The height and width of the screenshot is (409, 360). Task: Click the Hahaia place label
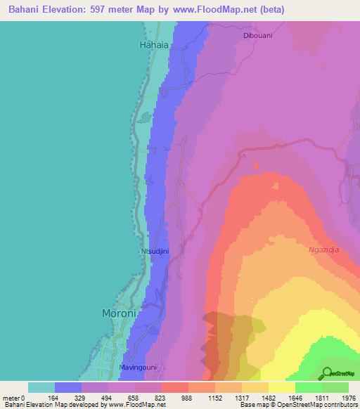click(x=154, y=44)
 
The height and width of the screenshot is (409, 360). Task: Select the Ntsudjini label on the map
click(x=155, y=249)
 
